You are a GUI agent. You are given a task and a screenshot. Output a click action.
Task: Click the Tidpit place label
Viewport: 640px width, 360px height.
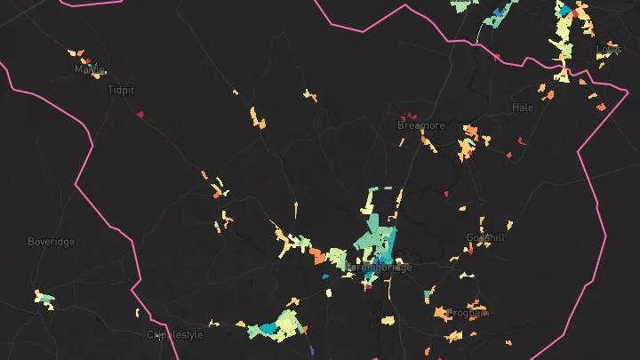(121, 90)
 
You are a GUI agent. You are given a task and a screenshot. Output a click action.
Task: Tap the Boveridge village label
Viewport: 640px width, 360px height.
(52, 242)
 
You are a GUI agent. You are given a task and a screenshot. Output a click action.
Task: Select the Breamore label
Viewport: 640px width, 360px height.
(420, 125)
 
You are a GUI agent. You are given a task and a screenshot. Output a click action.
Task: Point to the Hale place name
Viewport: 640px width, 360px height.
(523, 108)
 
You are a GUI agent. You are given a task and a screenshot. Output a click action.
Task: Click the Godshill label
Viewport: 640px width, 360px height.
(484, 237)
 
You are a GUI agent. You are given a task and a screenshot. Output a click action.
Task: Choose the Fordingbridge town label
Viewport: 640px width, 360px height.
(379, 267)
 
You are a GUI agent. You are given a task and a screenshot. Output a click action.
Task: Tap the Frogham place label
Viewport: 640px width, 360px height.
(468, 313)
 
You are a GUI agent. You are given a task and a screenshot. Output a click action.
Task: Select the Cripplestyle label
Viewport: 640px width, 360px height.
(175, 335)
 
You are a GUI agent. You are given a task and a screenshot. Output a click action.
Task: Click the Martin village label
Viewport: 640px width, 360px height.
(90, 68)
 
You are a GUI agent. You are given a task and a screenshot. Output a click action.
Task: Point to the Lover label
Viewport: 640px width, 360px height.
(608, 49)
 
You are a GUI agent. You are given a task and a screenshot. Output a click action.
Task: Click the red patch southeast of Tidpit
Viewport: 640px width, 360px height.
(140, 113)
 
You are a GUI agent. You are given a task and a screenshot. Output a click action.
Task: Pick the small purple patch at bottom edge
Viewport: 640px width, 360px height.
(312, 353)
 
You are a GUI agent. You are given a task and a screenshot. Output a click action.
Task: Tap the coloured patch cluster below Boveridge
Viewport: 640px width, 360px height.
(43, 299)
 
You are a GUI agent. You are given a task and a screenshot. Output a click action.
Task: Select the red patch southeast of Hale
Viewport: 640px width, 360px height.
(522, 140)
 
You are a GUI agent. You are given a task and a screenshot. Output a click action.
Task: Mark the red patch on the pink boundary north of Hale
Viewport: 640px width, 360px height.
(496, 57)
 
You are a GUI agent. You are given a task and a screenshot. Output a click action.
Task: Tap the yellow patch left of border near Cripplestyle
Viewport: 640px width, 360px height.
(138, 313)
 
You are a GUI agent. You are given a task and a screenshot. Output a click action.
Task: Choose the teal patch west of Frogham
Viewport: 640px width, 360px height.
(428, 292)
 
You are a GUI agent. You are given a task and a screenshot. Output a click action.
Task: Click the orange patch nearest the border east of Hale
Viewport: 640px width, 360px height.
(601, 108)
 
